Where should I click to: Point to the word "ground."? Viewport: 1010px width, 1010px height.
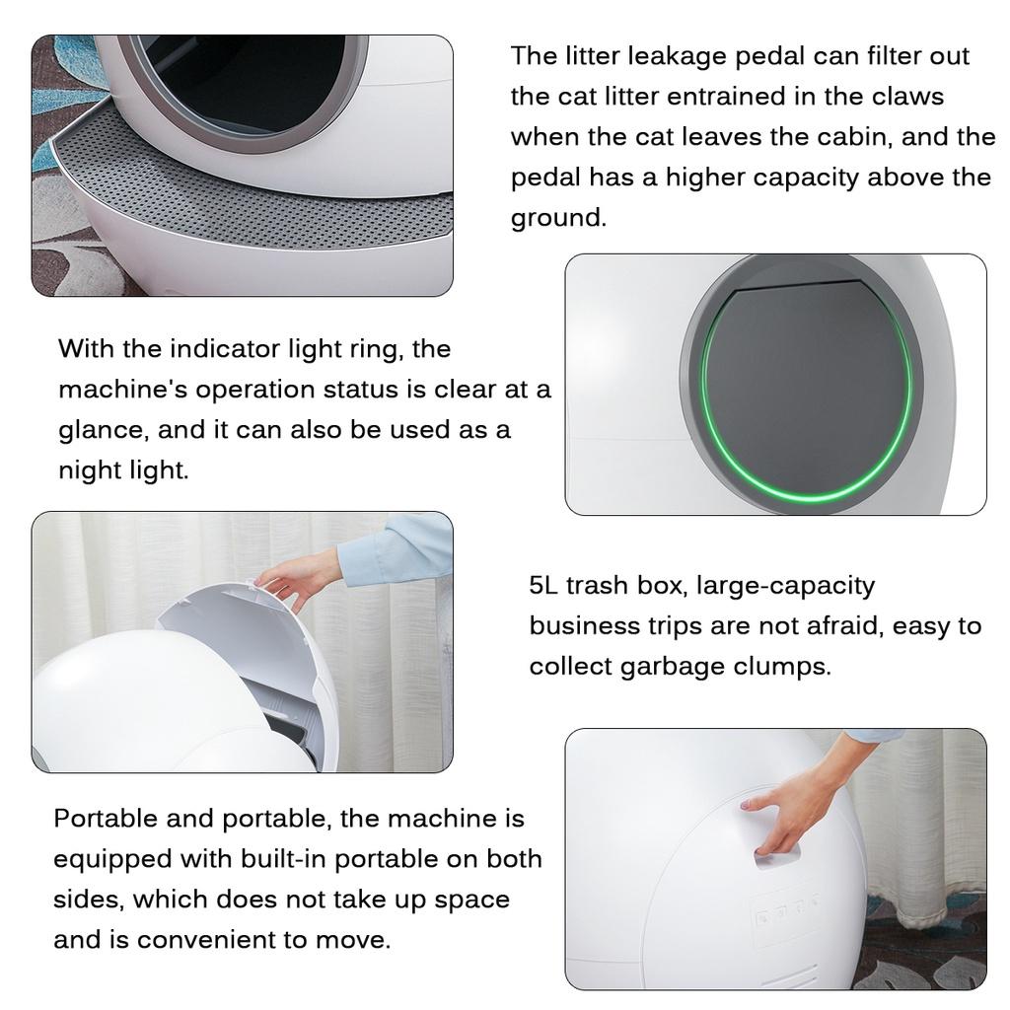pos(558,218)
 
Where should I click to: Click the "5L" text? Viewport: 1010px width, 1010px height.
pos(543,585)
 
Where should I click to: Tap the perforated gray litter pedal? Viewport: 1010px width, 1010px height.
pos(247,197)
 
